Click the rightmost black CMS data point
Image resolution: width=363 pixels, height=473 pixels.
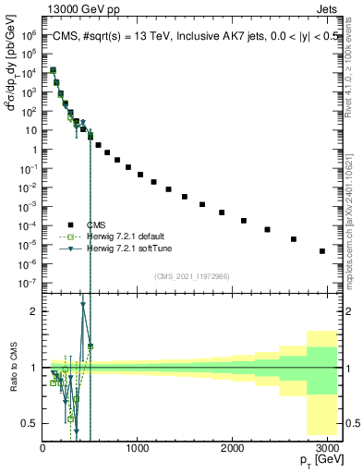pyautogui.click(x=321, y=250)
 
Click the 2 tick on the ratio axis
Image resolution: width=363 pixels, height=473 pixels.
pyautogui.click(x=34, y=311)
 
